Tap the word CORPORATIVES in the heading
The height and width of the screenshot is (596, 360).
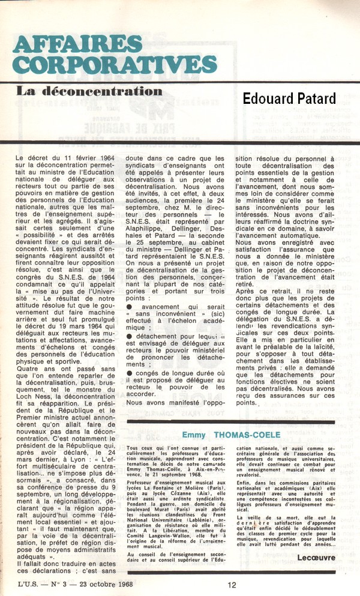[x=115, y=65]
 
